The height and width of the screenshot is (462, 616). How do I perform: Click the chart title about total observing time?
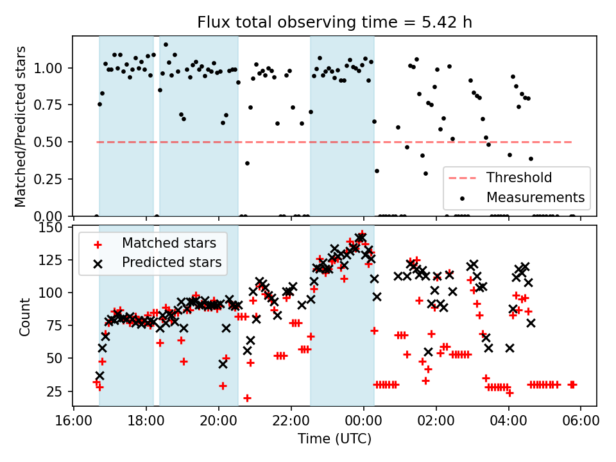click(x=334, y=22)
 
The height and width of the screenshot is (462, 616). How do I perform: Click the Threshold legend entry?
click(x=519, y=177)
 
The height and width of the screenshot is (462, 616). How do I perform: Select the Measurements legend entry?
click(x=535, y=197)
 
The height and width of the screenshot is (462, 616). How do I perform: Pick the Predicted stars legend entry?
click(x=171, y=262)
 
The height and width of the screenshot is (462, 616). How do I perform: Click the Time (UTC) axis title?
click(x=334, y=440)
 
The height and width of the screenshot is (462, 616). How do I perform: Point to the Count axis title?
click(x=25, y=316)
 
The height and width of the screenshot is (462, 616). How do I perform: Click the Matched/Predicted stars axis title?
click(x=21, y=126)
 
